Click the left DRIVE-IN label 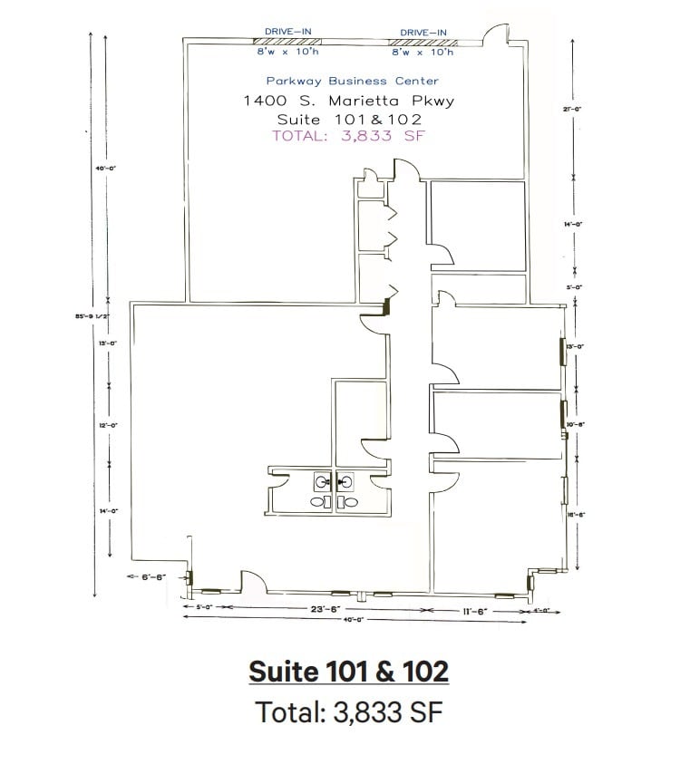click(x=287, y=32)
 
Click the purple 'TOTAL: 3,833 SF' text click(x=349, y=137)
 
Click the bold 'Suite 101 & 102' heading click(x=348, y=672)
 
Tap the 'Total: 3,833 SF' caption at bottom click(x=348, y=712)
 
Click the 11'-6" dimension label click(x=475, y=611)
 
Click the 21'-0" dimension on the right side click(x=572, y=109)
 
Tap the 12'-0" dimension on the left click(x=109, y=424)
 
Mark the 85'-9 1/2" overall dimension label click(x=92, y=317)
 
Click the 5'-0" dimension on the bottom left click(x=205, y=608)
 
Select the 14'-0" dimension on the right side click(x=573, y=224)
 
